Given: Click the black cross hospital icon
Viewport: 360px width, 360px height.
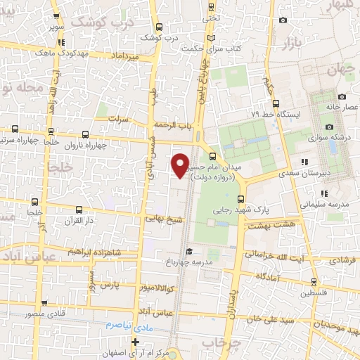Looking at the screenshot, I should tap(136, 342).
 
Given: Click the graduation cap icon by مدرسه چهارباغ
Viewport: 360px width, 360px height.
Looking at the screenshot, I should tap(188, 251).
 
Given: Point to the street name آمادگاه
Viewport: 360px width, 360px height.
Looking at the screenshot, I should tap(270, 278).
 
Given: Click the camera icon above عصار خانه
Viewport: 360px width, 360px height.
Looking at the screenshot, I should tap(341, 96).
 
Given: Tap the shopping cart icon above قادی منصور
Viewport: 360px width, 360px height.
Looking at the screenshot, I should tap(29, 297).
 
